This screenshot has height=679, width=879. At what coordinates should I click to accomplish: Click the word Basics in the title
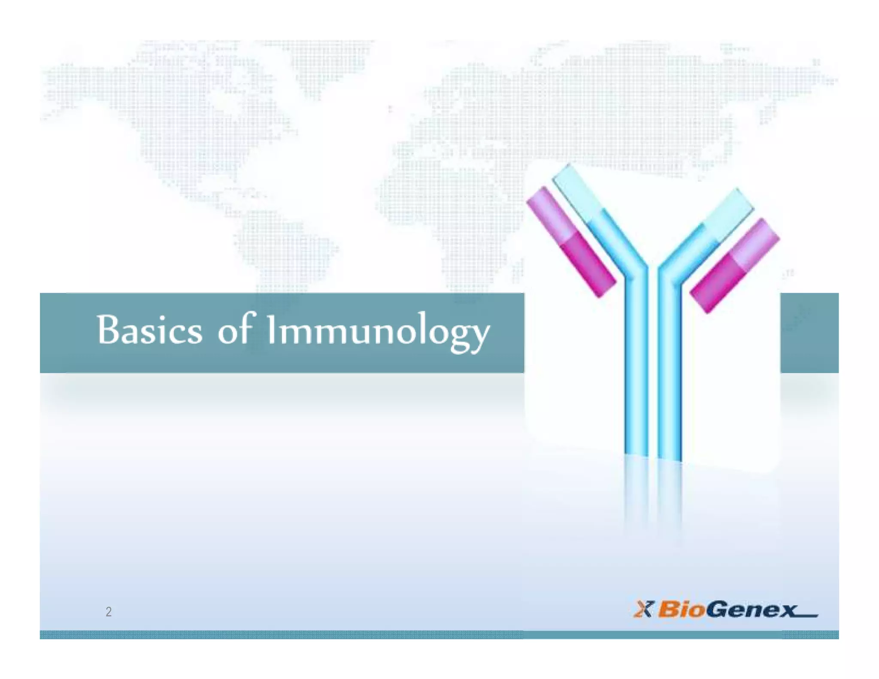tap(149, 330)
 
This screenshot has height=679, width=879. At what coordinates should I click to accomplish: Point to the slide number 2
tap(109, 611)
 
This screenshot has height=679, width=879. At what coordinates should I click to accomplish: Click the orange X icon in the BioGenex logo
tap(643, 609)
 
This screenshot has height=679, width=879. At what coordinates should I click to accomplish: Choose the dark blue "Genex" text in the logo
tap(751, 610)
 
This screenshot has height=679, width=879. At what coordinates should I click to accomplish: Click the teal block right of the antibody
tap(809, 333)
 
